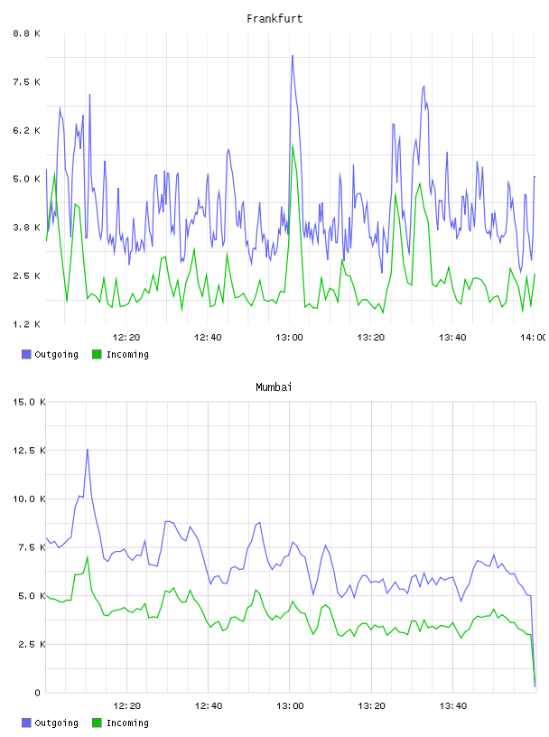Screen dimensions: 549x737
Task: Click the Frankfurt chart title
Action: click(x=274, y=19)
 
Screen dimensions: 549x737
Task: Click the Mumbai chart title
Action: click(x=274, y=387)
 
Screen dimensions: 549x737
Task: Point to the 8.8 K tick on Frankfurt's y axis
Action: click(x=27, y=33)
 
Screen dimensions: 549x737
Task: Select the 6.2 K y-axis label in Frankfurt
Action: click(x=27, y=130)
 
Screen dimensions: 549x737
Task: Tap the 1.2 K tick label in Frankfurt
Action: click(x=27, y=324)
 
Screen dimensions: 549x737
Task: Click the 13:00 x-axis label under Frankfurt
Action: click(x=289, y=337)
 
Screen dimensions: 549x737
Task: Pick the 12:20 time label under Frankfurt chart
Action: click(x=126, y=337)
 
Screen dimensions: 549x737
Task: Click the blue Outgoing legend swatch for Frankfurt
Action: click(x=26, y=354)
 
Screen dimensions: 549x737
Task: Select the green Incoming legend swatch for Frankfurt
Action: click(x=97, y=354)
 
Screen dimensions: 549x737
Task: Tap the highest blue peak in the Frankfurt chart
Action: click(x=293, y=56)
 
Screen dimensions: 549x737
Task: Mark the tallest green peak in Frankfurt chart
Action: click(x=293, y=145)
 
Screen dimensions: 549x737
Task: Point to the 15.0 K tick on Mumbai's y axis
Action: click(x=29, y=402)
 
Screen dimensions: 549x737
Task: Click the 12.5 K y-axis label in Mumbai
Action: click(x=29, y=451)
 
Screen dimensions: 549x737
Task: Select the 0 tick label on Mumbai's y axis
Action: click(x=37, y=693)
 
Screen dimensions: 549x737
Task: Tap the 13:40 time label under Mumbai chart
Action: click(x=452, y=705)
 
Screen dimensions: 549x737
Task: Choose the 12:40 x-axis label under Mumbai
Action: click(x=209, y=705)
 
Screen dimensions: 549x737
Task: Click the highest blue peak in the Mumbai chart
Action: click(x=87, y=450)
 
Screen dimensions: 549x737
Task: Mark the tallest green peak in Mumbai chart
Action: click(x=87, y=557)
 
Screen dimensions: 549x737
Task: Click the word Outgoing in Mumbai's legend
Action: click(x=56, y=723)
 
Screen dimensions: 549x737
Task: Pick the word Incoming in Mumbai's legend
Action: click(x=127, y=723)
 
